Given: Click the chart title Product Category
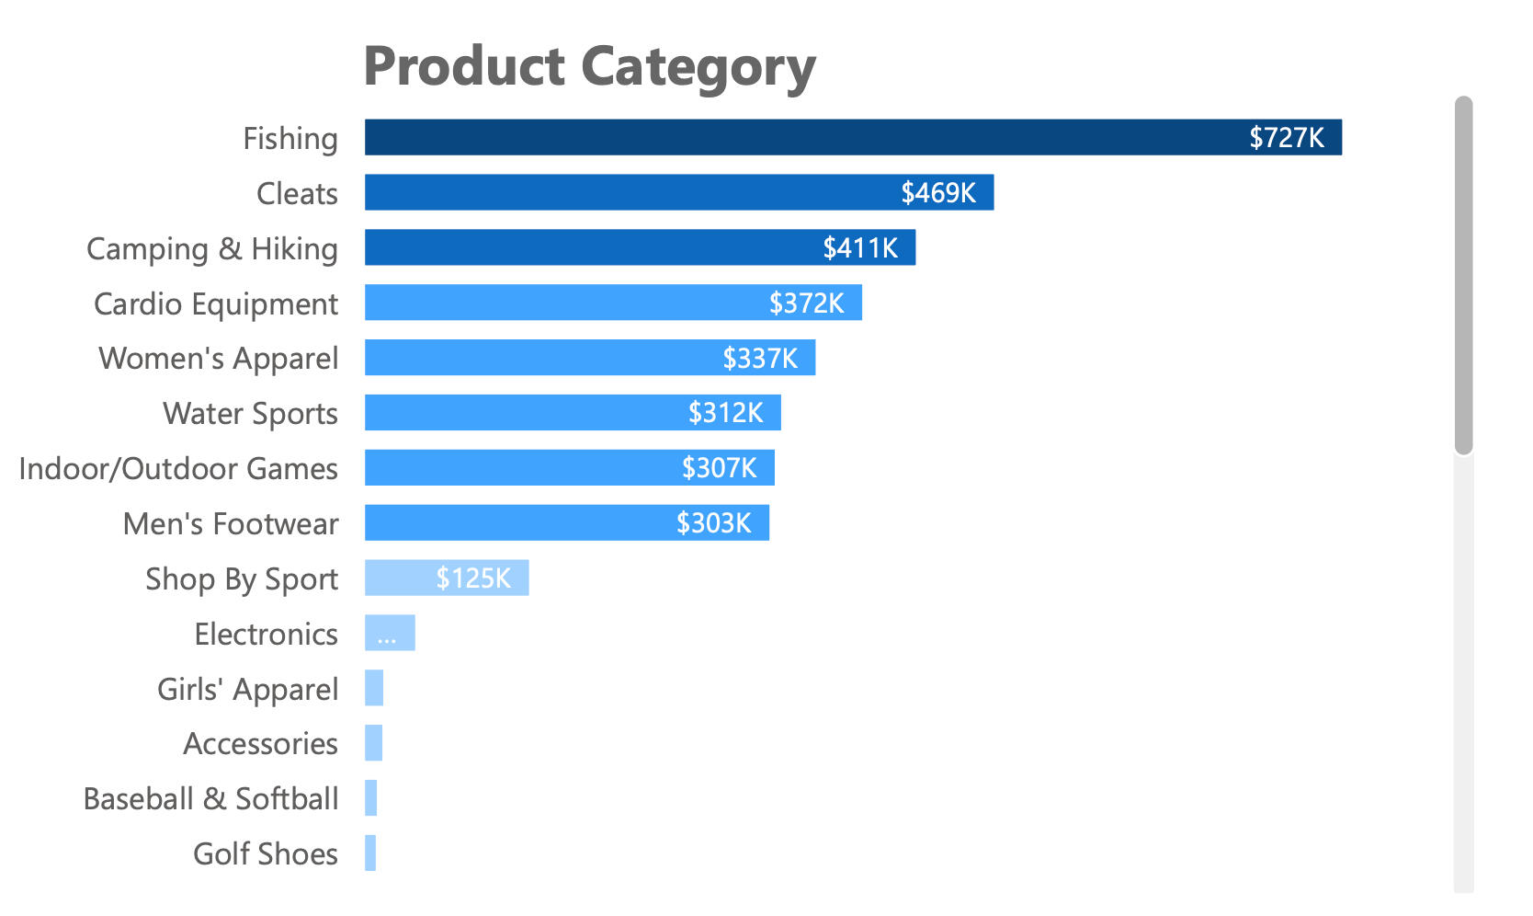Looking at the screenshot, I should tap(589, 67).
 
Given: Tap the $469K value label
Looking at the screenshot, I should tap(937, 192).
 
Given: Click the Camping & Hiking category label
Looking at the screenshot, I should tap(212, 248).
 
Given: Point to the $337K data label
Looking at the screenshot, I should tap(759, 358).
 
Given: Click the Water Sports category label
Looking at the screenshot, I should tap(250, 413).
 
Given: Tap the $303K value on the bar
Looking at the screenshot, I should tap(713, 523).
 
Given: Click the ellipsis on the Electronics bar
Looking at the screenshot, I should tap(387, 635).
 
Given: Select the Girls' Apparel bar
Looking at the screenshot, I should tap(374, 688).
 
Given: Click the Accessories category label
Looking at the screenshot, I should tap(260, 743).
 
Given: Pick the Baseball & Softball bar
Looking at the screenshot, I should tap(371, 797).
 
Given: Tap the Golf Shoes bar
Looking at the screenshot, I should tap(370, 853).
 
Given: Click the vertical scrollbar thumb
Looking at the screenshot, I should tap(1463, 276).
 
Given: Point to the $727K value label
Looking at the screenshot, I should tap(1286, 137).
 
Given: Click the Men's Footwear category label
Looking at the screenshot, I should tap(231, 523).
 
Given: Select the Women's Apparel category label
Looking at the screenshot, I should tap(219, 358).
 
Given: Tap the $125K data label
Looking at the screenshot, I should tap(472, 578).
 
